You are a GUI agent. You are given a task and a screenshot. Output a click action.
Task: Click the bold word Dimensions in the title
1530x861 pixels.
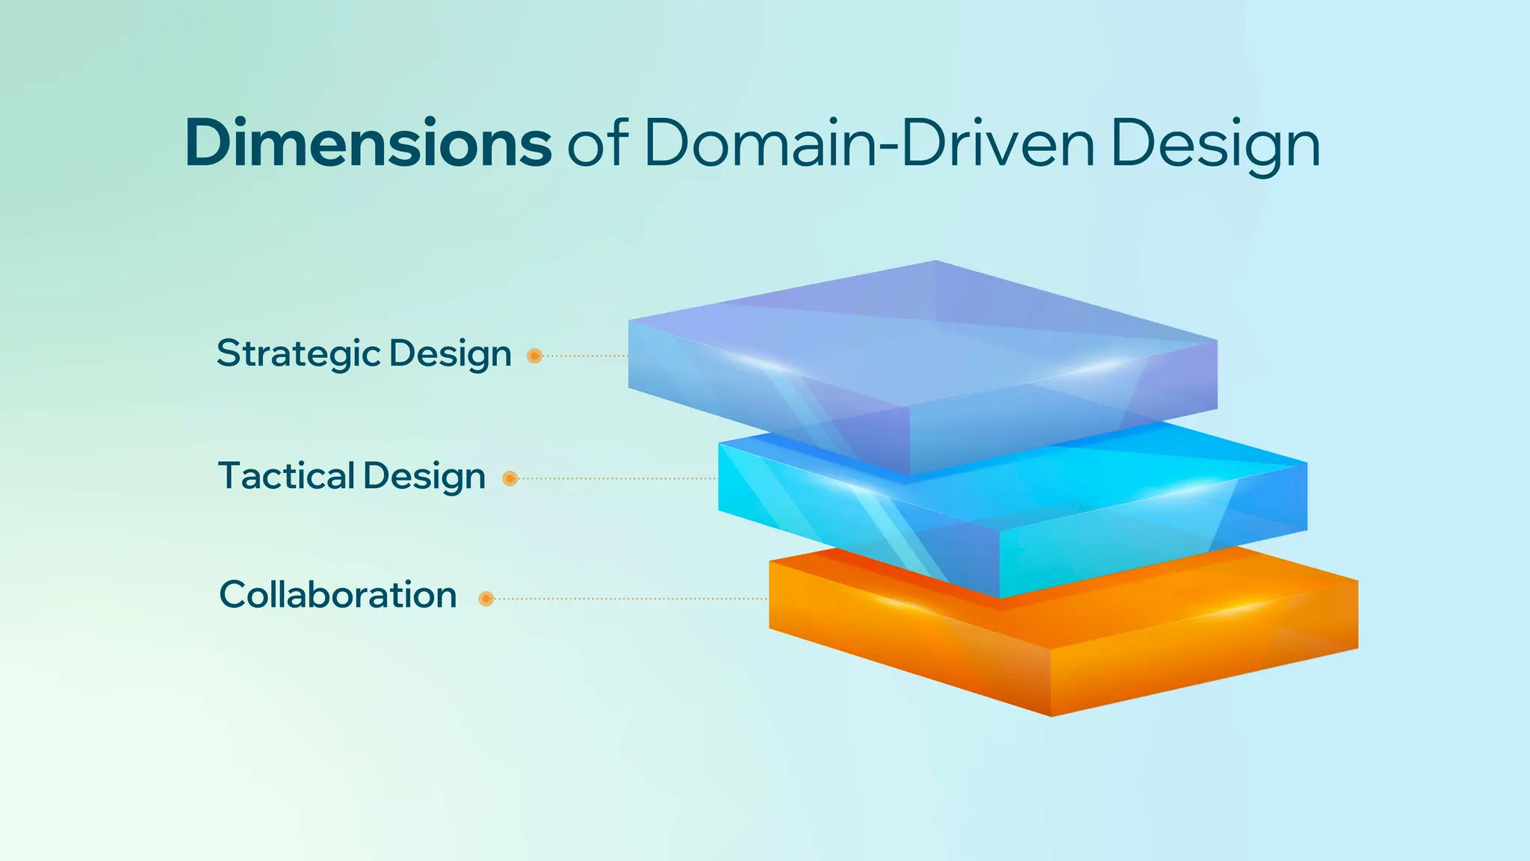pos(368,143)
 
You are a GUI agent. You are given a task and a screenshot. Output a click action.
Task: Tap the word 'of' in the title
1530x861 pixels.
pos(597,143)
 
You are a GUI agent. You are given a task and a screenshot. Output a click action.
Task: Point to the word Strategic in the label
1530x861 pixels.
pos(299,354)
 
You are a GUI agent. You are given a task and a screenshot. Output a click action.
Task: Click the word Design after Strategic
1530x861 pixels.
pos(450,354)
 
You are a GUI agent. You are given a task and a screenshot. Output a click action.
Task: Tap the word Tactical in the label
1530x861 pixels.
pos(286,476)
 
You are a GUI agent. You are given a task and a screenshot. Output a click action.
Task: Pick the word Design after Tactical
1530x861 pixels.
pos(424,477)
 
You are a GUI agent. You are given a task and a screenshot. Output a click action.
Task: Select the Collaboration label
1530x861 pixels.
pos(338,595)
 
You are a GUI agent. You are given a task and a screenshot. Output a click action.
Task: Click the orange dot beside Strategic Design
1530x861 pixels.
pos(534,356)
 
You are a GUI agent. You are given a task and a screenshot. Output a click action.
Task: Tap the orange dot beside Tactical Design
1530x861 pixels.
pos(510,478)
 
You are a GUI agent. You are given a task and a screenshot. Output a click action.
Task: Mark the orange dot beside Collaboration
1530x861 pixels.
pos(486,599)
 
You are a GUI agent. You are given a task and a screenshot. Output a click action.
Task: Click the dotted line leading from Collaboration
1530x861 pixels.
pos(631,599)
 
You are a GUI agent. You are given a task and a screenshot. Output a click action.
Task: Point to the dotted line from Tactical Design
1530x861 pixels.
pos(616,478)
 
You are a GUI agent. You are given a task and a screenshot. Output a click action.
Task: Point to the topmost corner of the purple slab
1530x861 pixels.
pos(935,262)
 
